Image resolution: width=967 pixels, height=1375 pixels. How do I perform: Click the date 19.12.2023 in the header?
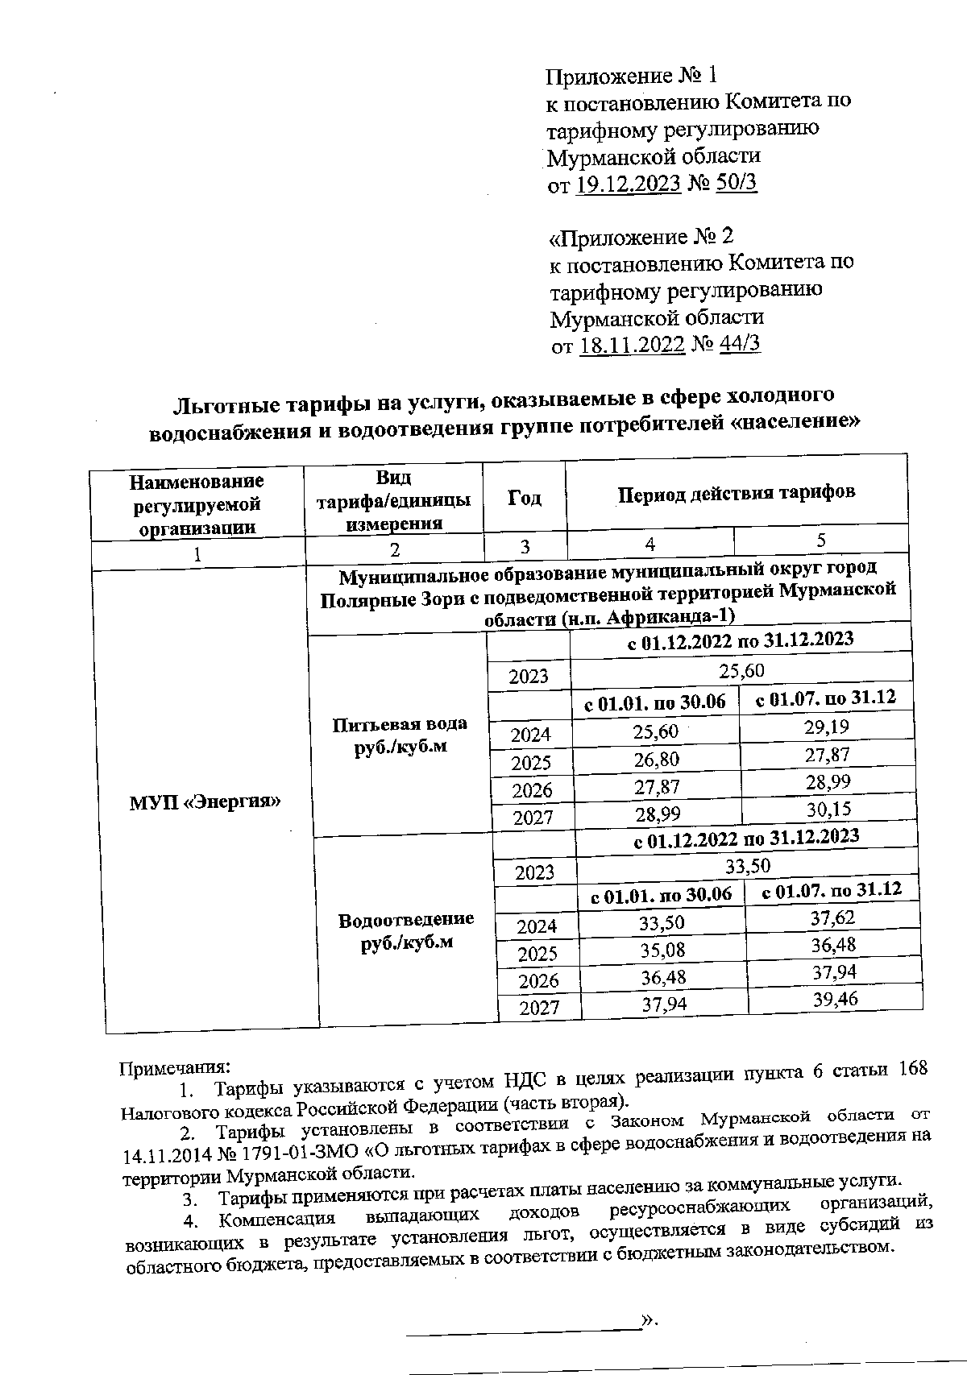(629, 184)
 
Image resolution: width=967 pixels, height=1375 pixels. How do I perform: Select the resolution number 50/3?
(735, 183)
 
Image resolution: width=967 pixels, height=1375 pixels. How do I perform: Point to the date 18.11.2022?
(632, 345)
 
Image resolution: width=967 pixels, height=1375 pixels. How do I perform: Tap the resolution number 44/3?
(737, 344)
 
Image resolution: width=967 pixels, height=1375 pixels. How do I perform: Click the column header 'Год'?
(525, 498)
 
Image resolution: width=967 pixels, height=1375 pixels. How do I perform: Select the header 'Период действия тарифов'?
(736, 492)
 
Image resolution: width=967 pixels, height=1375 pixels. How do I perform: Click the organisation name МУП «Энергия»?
(205, 801)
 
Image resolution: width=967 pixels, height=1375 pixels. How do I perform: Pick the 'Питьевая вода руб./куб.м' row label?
(400, 735)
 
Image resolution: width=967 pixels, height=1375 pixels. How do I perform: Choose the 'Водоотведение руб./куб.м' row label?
(406, 930)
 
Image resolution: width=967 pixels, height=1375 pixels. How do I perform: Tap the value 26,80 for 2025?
(657, 760)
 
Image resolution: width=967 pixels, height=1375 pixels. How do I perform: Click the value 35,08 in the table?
(662, 950)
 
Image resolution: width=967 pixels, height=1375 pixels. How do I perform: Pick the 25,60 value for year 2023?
(741, 670)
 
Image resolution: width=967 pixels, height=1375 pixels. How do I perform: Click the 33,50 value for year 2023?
(748, 866)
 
